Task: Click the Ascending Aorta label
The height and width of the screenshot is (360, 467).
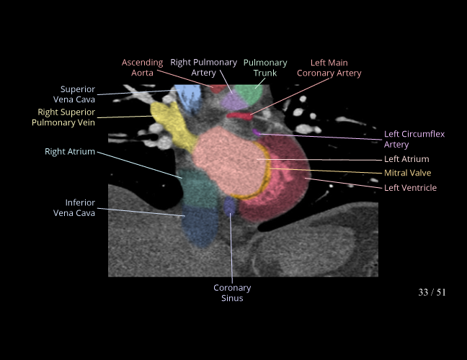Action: click(x=142, y=68)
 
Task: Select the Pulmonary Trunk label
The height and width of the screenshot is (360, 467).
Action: click(x=265, y=68)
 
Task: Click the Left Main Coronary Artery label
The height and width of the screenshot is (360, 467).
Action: click(x=329, y=68)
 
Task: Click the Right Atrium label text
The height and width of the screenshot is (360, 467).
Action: click(x=70, y=152)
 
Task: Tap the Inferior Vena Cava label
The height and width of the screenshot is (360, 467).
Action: click(x=74, y=207)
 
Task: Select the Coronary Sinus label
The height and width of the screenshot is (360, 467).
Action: click(x=232, y=293)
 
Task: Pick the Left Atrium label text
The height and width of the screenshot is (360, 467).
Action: click(x=406, y=159)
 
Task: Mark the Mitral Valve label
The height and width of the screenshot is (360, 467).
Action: click(x=407, y=174)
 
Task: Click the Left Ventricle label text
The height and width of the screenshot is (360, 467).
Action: click(x=410, y=188)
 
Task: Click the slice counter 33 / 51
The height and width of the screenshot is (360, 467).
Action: click(x=432, y=292)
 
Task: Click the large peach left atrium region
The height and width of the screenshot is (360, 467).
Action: click(x=223, y=162)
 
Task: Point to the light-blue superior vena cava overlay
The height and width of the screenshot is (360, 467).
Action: click(x=187, y=96)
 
